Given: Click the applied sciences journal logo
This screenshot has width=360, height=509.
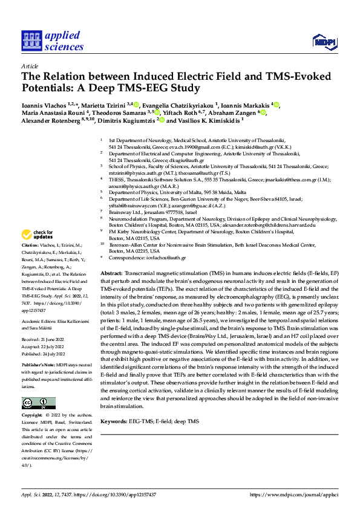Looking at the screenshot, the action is coord(53,40).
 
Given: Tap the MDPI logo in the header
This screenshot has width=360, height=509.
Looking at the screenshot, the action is coord(324,41).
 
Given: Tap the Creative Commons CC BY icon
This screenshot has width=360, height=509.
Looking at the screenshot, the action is coord(38,403).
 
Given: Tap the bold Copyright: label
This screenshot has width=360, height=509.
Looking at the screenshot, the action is coord(33,416).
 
